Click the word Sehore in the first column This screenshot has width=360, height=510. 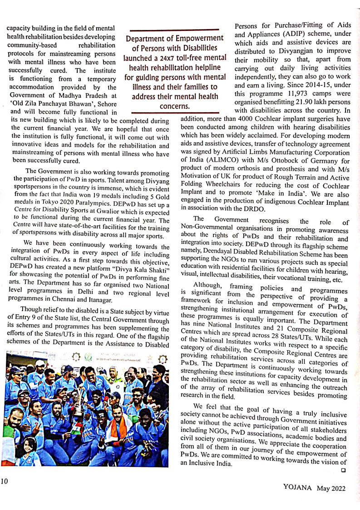(105, 104)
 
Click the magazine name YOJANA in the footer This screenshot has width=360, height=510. (297, 488)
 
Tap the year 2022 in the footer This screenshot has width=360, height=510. (337, 488)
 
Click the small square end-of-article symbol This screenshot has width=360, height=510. (343, 470)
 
